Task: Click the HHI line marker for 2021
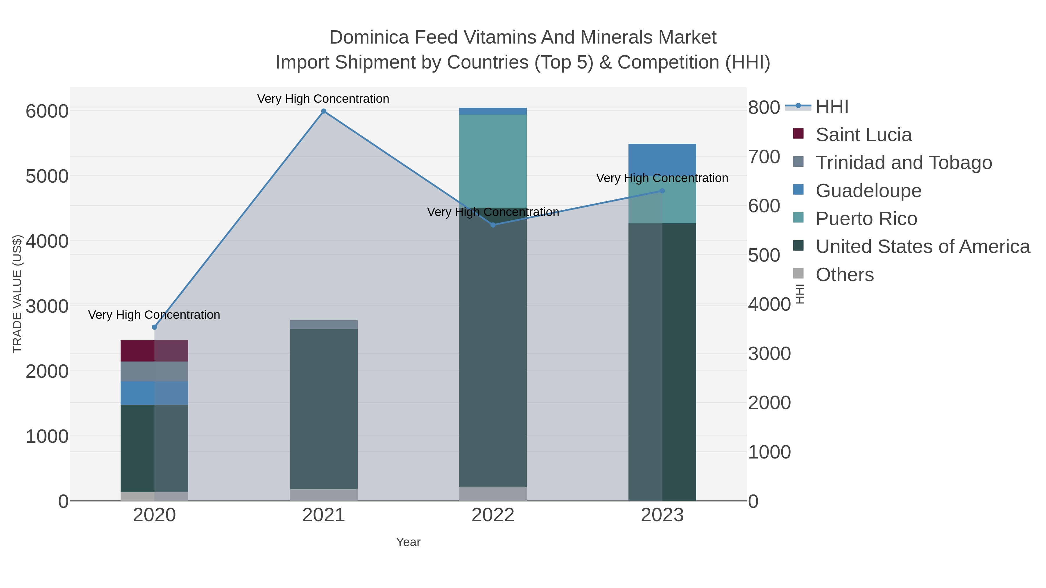coord(324,111)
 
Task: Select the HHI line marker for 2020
coord(154,327)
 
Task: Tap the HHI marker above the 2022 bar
coord(493,225)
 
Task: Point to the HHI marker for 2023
coord(662,191)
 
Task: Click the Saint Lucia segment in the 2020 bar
coord(154,350)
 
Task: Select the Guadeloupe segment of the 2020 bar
coord(154,393)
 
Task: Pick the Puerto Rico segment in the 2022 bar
coord(493,161)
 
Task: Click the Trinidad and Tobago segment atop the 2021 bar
coord(324,325)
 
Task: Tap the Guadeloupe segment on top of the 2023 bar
coord(662,158)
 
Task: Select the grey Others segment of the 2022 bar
coord(493,494)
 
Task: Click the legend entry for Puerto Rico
coord(866,219)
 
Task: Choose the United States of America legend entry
coord(923,247)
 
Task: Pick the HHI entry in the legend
coord(832,107)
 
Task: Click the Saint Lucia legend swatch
coord(798,134)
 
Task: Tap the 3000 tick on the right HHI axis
coord(769,354)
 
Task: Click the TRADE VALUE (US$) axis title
coord(17,294)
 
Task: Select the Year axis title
coord(408,542)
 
